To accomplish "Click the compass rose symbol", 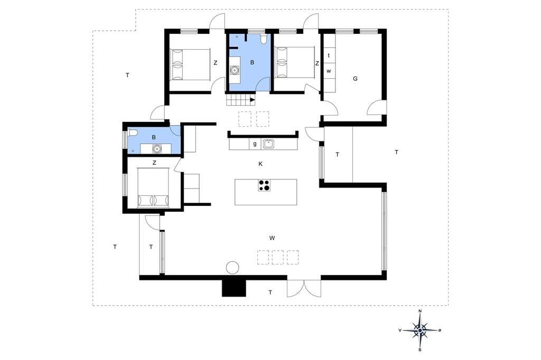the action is coord(420,330).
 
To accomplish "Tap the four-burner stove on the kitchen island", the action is coord(264,185).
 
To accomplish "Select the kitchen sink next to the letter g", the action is coord(268,144).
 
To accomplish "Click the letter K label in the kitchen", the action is coord(260,164).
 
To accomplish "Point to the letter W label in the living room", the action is coord(272,238).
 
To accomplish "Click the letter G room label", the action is coord(355,79).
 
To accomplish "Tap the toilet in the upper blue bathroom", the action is coord(264,39).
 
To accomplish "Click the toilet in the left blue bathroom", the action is coord(133,133).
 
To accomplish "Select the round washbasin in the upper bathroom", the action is coord(235,70).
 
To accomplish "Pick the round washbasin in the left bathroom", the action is coord(157,149).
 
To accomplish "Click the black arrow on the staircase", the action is coord(252,100).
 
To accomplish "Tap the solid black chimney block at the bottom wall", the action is coord(234,288).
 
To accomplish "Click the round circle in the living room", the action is coord(232,268).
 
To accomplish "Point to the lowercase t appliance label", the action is coord(329,55).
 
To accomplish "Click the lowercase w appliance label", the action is coord(329,71).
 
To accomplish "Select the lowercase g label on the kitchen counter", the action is coord(255,144).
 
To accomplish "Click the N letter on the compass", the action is coord(420,311).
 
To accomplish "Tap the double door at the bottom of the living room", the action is coord(304,288).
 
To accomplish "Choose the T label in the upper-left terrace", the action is coord(127,75).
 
